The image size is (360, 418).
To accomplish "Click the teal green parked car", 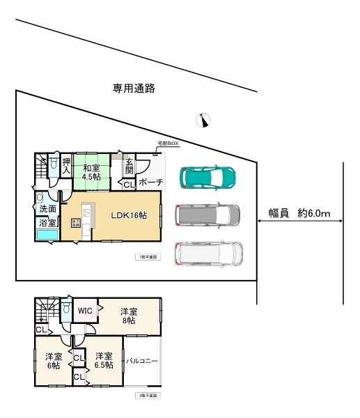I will click(x=208, y=178).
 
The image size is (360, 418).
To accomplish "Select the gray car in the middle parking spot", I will click(x=207, y=216).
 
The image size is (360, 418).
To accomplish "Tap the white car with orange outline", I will click(x=208, y=255).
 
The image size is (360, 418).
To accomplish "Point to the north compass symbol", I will click(x=203, y=120).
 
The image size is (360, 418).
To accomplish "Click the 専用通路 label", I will click(x=134, y=88).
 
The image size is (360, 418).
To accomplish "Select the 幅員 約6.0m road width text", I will click(x=299, y=213).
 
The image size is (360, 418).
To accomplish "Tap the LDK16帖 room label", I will click(x=129, y=215).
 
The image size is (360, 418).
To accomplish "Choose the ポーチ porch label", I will click(x=150, y=183).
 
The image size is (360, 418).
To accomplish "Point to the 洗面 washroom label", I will click(x=47, y=209).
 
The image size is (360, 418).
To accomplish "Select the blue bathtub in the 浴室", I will click(x=47, y=235).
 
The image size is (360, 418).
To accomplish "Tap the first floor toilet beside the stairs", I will click(x=52, y=165).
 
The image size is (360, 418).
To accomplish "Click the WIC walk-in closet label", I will click(x=85, y=311).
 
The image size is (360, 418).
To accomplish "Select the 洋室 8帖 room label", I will click(x=129, y=316).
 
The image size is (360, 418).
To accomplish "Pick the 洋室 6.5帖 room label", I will click(x=104, y=360).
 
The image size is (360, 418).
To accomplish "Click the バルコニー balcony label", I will click(x=143, y=361).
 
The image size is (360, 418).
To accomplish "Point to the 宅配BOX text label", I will click(x=168, y=143).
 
